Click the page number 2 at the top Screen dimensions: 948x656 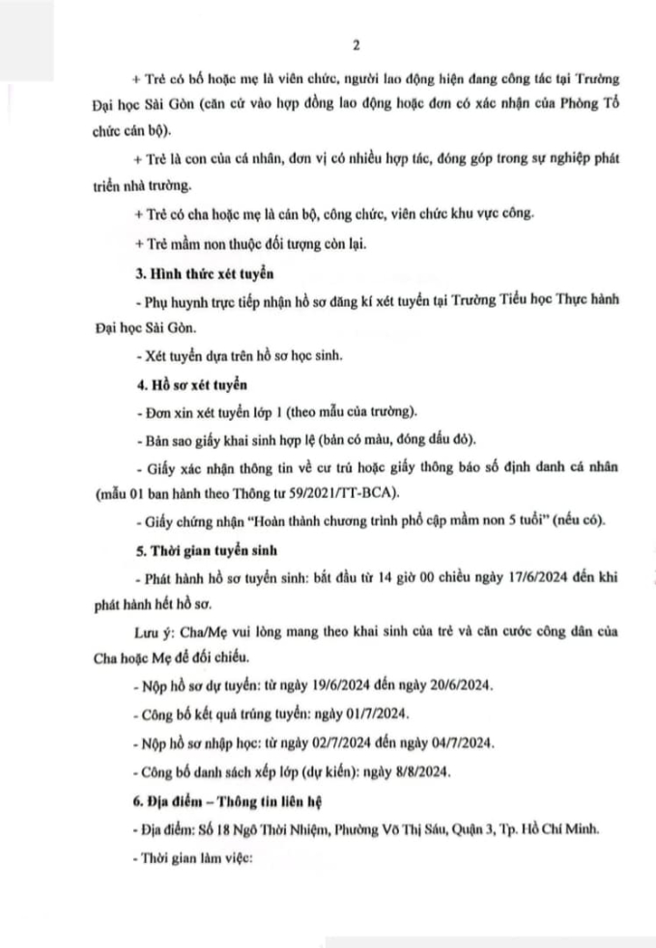click(x=328, y=45)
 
